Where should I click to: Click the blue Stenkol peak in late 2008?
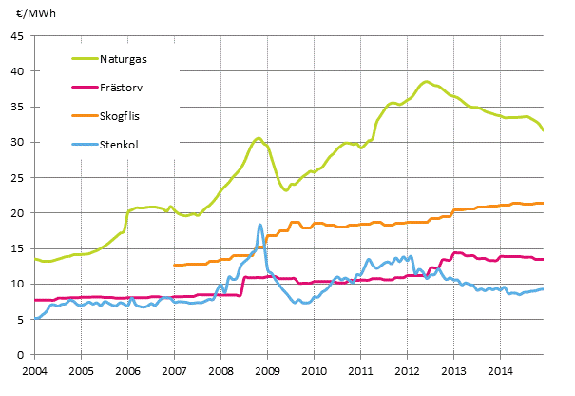(259, 225)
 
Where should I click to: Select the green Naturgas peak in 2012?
(426, 82)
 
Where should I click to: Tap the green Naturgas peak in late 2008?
(258, 138)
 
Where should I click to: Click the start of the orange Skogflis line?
(175, 266)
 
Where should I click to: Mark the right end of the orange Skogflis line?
(543, 203)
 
